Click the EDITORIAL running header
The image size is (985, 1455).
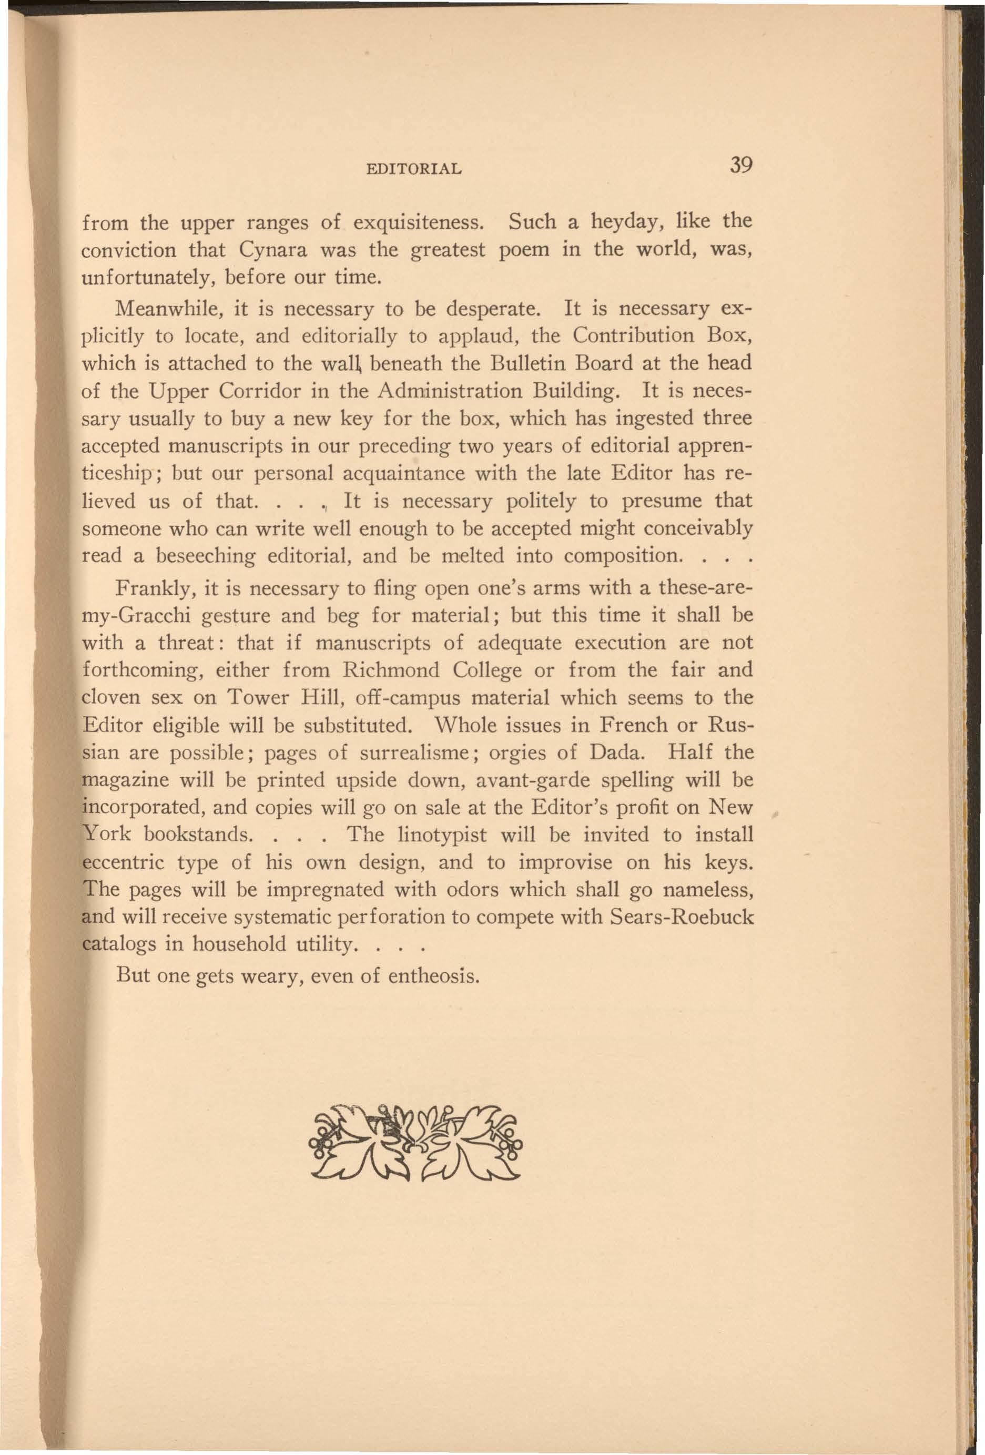pos(413,168)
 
